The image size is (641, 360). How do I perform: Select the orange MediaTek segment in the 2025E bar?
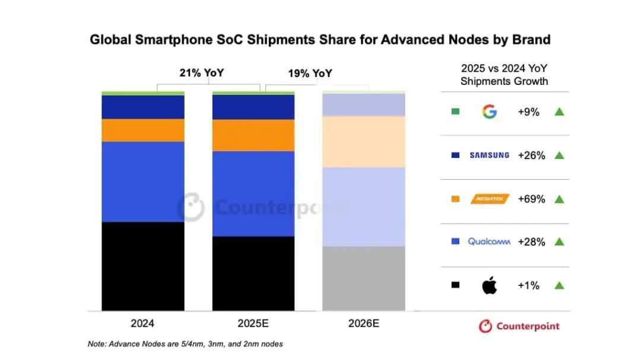pyautogui.click(x=253, y=135)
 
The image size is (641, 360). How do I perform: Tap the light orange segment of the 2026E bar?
pyautogui.click(x=363, y=141)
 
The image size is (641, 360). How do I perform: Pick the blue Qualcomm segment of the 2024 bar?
pyautogui.click(x=142, y=181)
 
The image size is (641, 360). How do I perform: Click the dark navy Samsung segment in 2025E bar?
pyautogui.click(x=253, y=107)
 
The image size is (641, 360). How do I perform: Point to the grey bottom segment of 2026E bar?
pyautogui.click(x=363, y=278)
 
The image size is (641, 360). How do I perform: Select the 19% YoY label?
pyautogui.click(x=310, y=74)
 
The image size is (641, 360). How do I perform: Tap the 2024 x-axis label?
pyautogui.click(x=142, y=324)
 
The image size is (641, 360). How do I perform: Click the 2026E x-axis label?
pyautogui.click(x=363, y=324)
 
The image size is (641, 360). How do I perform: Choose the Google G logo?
pyautogui.click(x=489, y=111)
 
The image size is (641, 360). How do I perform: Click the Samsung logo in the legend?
pyautogui.click(x=489, y=155)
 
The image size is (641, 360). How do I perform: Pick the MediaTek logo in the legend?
pyautogui.click(x=490, y=199)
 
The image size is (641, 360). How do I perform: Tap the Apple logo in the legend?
pyautogui.click(x=489, y=285)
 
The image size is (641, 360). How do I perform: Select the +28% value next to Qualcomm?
pyautogui.click(x=531, y=242)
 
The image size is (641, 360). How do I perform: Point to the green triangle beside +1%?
pyautogui.click(x=559, y=285)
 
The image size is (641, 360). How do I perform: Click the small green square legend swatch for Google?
pyautogui.click(x=455, y=111)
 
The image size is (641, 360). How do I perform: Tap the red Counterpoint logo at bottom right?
pyautogui.click(x=519, y=326)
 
